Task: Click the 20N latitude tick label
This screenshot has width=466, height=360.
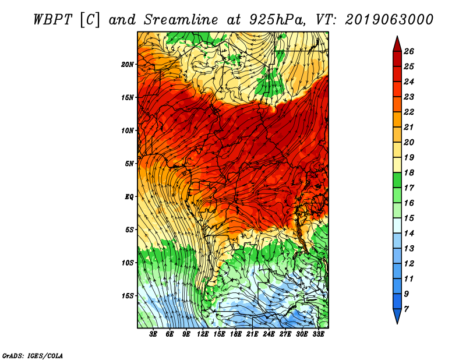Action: point(127,65)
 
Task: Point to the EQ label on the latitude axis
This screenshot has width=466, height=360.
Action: point(129,197)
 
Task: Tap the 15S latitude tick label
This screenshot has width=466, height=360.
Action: point(127,296)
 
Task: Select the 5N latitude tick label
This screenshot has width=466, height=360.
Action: point(129,164)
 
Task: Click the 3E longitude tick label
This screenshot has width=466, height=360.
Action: point(153,334)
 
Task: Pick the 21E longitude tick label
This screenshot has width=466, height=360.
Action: point(252,334)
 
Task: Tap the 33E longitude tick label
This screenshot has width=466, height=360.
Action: point(318,334)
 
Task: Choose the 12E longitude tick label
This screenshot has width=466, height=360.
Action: point(202,334)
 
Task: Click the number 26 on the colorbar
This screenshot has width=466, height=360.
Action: point(409,51)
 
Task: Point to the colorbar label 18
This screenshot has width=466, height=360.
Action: point(409,172)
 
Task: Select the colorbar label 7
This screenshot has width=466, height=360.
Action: point(406,309)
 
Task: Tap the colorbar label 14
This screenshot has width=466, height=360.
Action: point(409,234)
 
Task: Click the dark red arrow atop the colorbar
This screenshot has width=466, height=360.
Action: point(397,45)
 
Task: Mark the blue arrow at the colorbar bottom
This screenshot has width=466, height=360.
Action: point(397,316)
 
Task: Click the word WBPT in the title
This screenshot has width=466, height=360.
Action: point(53,20)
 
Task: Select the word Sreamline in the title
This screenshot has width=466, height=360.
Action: point(181,20)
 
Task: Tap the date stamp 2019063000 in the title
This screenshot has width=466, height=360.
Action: point(389,20)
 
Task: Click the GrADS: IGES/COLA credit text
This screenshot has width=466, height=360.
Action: point(33,356)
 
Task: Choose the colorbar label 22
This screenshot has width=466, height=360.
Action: point(409,112)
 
